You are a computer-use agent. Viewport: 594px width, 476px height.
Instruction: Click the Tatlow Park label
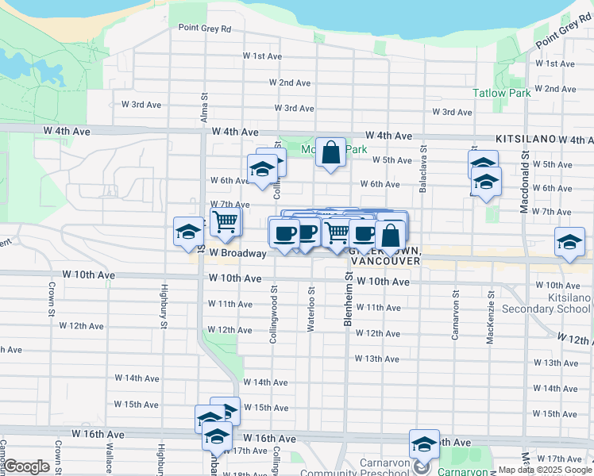(501, 93)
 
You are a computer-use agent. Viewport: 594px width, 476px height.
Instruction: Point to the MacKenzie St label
(492, 317)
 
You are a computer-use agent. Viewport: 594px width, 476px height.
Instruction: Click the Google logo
(25, 466)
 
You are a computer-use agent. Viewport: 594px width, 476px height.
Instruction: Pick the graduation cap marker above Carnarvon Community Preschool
(424, 444)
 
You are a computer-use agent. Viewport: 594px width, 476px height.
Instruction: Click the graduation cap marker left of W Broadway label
(188, 232)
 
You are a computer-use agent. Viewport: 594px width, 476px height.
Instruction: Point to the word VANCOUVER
(384, 260)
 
